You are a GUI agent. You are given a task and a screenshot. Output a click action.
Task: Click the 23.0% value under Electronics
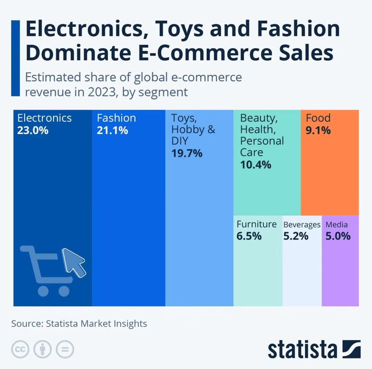[33, 131]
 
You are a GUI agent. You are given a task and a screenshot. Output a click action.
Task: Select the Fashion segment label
[116, 118]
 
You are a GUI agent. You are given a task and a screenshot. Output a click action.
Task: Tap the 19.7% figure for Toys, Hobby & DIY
[187, 153]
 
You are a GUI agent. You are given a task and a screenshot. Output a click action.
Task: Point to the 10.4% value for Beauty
[255, 165]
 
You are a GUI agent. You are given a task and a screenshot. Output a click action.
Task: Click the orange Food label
[318, 118]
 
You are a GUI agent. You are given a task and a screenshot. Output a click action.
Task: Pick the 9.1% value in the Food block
[318, 131]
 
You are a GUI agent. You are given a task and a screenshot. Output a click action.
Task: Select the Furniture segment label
[256, 224]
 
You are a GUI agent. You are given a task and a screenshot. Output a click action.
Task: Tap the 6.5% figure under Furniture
[249, 236]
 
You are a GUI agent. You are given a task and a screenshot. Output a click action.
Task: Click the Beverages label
[302, 225]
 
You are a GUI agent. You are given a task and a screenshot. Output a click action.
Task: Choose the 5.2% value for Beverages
[296, 236]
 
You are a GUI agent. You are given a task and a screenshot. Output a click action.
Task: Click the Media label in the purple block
[337, 225]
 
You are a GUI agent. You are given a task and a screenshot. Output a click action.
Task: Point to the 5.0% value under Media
[338, 236]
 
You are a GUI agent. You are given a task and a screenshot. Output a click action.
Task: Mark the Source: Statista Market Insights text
[79, 324]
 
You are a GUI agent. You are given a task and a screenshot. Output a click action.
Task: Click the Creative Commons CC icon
[20, 349]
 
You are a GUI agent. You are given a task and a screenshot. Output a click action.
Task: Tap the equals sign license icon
[65, 349]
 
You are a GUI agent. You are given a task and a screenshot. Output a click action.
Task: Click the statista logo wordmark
[303, 349]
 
